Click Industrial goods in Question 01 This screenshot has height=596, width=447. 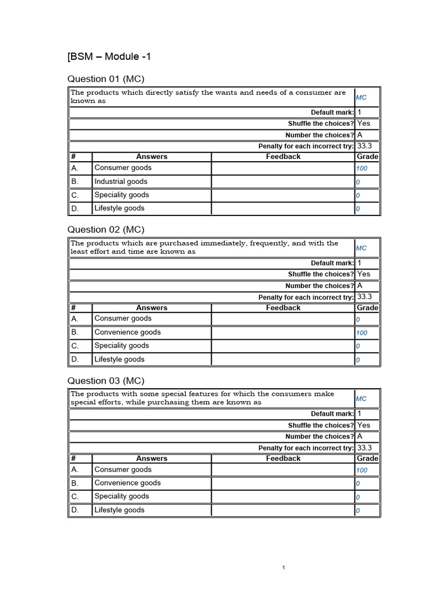(121, 182)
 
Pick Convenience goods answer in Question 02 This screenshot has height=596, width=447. (127, 332)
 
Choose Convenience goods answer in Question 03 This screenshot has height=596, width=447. (127, 483)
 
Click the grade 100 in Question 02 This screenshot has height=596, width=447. (361, 333)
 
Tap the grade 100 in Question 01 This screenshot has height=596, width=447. (361, 169)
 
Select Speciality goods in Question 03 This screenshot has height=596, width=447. (122, 496)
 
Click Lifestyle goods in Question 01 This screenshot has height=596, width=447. (119, 208)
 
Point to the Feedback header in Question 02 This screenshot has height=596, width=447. (283, 308)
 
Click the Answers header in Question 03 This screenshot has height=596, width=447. (151, 459)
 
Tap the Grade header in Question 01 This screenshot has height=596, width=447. (367, 157)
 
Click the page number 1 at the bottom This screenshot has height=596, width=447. (283, 567)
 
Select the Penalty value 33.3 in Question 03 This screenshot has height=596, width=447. (364, 448)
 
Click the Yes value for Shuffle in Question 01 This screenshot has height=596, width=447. (363, 123)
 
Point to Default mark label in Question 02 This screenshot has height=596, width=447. (332, 263)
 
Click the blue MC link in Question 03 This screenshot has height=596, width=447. (361, 399)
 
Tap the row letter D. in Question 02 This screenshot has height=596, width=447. (74, 359)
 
